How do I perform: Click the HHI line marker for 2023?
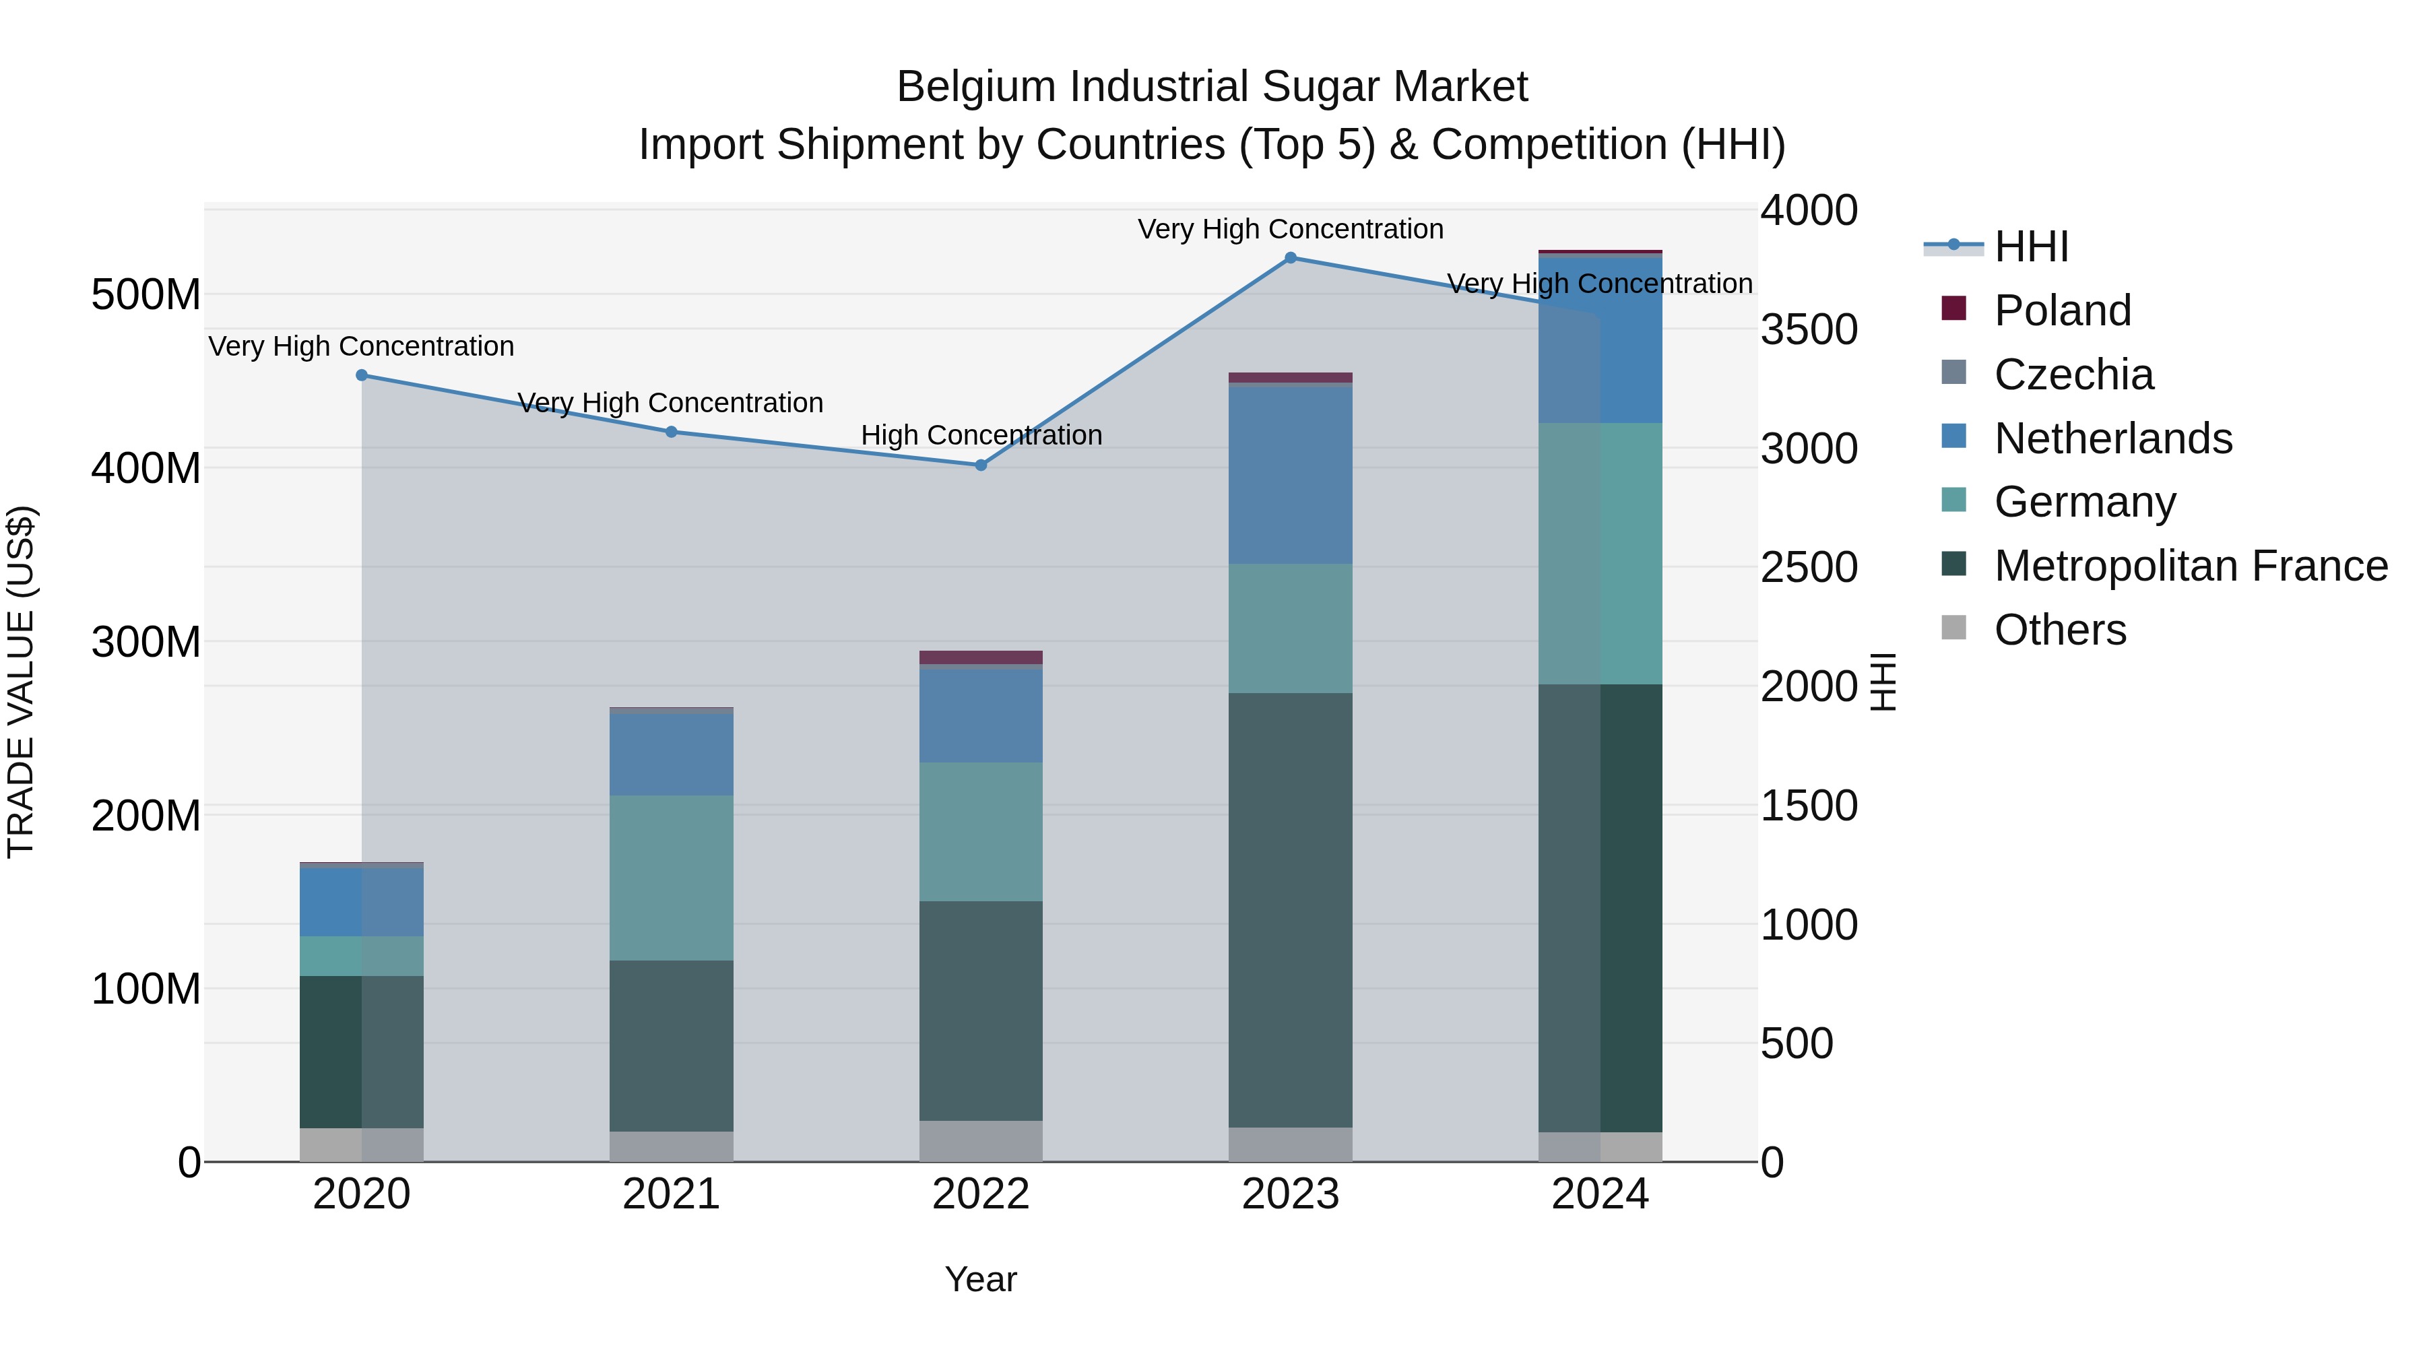pos(1291,258)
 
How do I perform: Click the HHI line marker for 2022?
pos(981,465)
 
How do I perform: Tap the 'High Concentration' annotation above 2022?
pos(981,436)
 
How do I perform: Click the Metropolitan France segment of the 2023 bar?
pos(1291,909)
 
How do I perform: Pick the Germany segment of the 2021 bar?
pos(671,877)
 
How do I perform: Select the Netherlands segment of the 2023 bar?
pos(1291,474)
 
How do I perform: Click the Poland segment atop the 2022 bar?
pos(981,657)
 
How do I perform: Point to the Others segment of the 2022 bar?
pos(981,1141)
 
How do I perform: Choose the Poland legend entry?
pos(2062,311)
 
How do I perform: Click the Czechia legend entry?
pos(2073,375)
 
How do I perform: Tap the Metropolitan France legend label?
pos(2191,566)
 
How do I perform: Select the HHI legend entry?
pos(2030,247)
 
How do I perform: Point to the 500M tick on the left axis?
pos(146,294)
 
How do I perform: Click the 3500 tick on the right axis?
pos(1809,329)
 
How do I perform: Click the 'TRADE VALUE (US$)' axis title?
pos(21,682)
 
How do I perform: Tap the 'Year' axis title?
pos(981,1279)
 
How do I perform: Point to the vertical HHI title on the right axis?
pos(1882,682)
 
